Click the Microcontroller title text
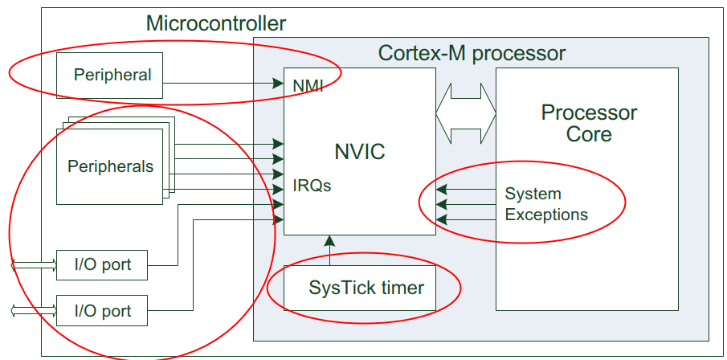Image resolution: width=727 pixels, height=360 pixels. point(215,23)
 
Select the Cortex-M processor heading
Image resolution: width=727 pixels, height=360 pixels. point(472,54)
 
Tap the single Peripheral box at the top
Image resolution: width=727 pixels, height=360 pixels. point(110,76)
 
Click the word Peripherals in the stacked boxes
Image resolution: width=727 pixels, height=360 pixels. point(110,167)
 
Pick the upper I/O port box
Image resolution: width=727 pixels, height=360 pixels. point(102,264)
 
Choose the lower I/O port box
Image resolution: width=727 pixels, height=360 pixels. point(102,310)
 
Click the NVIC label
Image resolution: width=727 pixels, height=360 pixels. point(359,151)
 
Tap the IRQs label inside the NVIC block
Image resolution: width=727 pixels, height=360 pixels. point(312,186)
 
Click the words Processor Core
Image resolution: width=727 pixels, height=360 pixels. point(589,123)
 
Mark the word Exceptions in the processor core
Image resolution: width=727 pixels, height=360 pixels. point(546,215)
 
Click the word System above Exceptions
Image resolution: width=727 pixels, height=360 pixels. point(533,194)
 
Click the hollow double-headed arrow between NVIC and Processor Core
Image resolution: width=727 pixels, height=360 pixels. point(466,112)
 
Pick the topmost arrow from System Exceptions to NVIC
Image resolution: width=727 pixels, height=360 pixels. point(466,190)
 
